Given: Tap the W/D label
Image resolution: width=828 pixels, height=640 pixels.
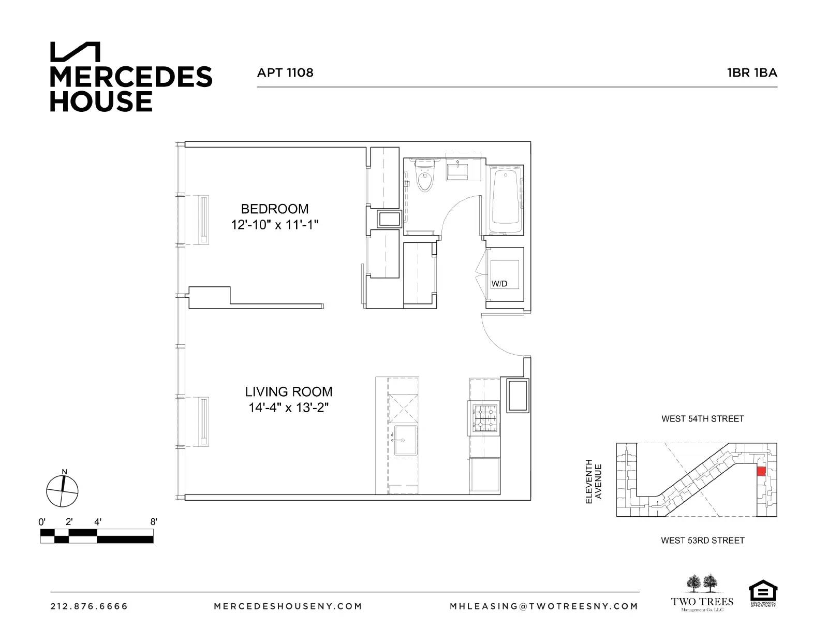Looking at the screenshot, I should [x=499, y=284].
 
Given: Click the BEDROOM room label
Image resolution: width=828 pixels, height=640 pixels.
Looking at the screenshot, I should [x=275, y=209].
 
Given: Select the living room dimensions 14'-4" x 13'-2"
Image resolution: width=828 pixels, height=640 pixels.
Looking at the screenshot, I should [x=289, y=408].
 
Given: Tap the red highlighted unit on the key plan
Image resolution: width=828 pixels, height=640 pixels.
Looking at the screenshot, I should [x=761, y=471].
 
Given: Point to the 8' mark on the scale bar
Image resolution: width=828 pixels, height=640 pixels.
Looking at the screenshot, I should [x=153, y=522].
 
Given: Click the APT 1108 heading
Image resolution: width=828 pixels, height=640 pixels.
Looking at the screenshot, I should [x=285, y=72].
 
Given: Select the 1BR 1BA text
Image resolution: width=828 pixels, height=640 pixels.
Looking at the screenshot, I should [x=752, y=72].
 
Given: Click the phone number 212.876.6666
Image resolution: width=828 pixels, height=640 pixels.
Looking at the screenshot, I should [x=89, y=606].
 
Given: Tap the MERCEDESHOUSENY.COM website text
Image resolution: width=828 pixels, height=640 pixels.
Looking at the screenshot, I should [x=288, y=606].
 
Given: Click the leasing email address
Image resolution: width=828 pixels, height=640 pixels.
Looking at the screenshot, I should [x=544, y=606].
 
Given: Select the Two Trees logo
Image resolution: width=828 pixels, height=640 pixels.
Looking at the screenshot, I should [x=702, y=593].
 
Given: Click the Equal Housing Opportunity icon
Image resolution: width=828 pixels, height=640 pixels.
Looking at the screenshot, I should [x=763, y=593].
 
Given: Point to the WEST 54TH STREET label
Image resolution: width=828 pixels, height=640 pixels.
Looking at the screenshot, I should [x=702, y=419].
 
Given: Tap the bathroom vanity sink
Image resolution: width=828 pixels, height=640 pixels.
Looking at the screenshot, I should [x=458, y=171].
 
